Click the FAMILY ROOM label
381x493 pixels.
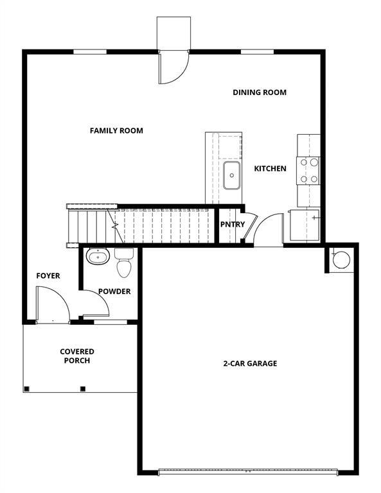coord(116,131)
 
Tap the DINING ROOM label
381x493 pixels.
coord(259,92)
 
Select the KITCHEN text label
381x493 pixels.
coord(270,169)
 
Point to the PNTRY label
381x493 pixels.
coord(232,225)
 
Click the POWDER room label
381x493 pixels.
coord(114,291)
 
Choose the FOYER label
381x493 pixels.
coord(48,276)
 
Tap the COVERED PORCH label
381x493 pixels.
coord(77,356)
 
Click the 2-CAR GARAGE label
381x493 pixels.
coord(250,363)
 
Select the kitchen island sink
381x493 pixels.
coord(231,175)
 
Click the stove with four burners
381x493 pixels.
coord(308,171)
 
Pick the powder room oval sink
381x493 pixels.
coord(98,257)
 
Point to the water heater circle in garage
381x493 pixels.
coord(341,259)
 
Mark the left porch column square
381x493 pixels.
coord(26,388)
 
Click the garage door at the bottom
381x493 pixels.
coord(247,472)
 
